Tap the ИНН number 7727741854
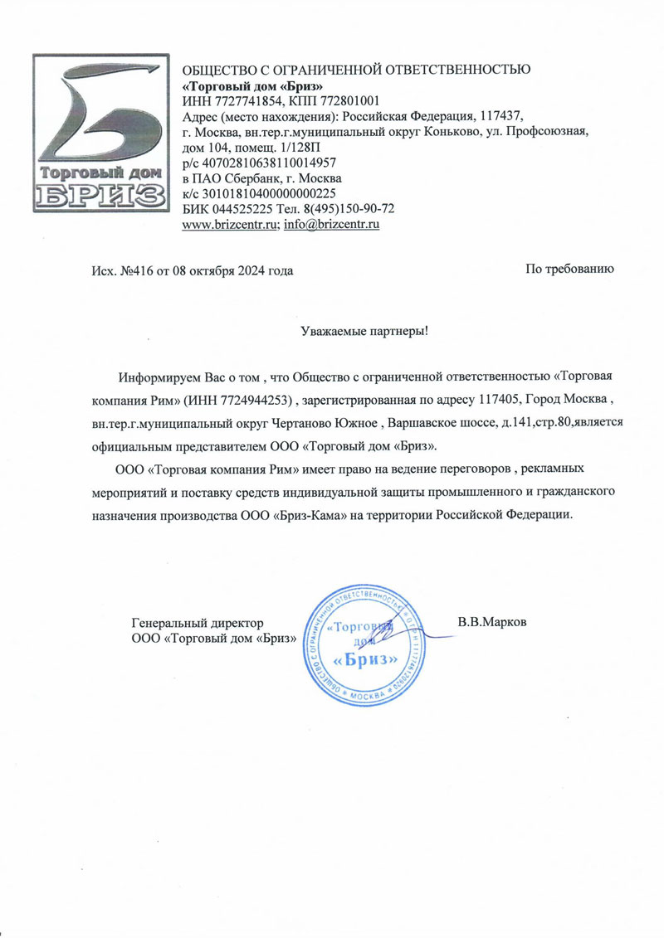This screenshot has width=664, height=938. point(245,101)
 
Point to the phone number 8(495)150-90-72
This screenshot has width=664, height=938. point(348,208)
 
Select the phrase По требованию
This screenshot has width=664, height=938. point(569,269)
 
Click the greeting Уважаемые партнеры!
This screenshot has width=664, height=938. point(364,331)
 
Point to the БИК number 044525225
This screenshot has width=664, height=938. point(240,208)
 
